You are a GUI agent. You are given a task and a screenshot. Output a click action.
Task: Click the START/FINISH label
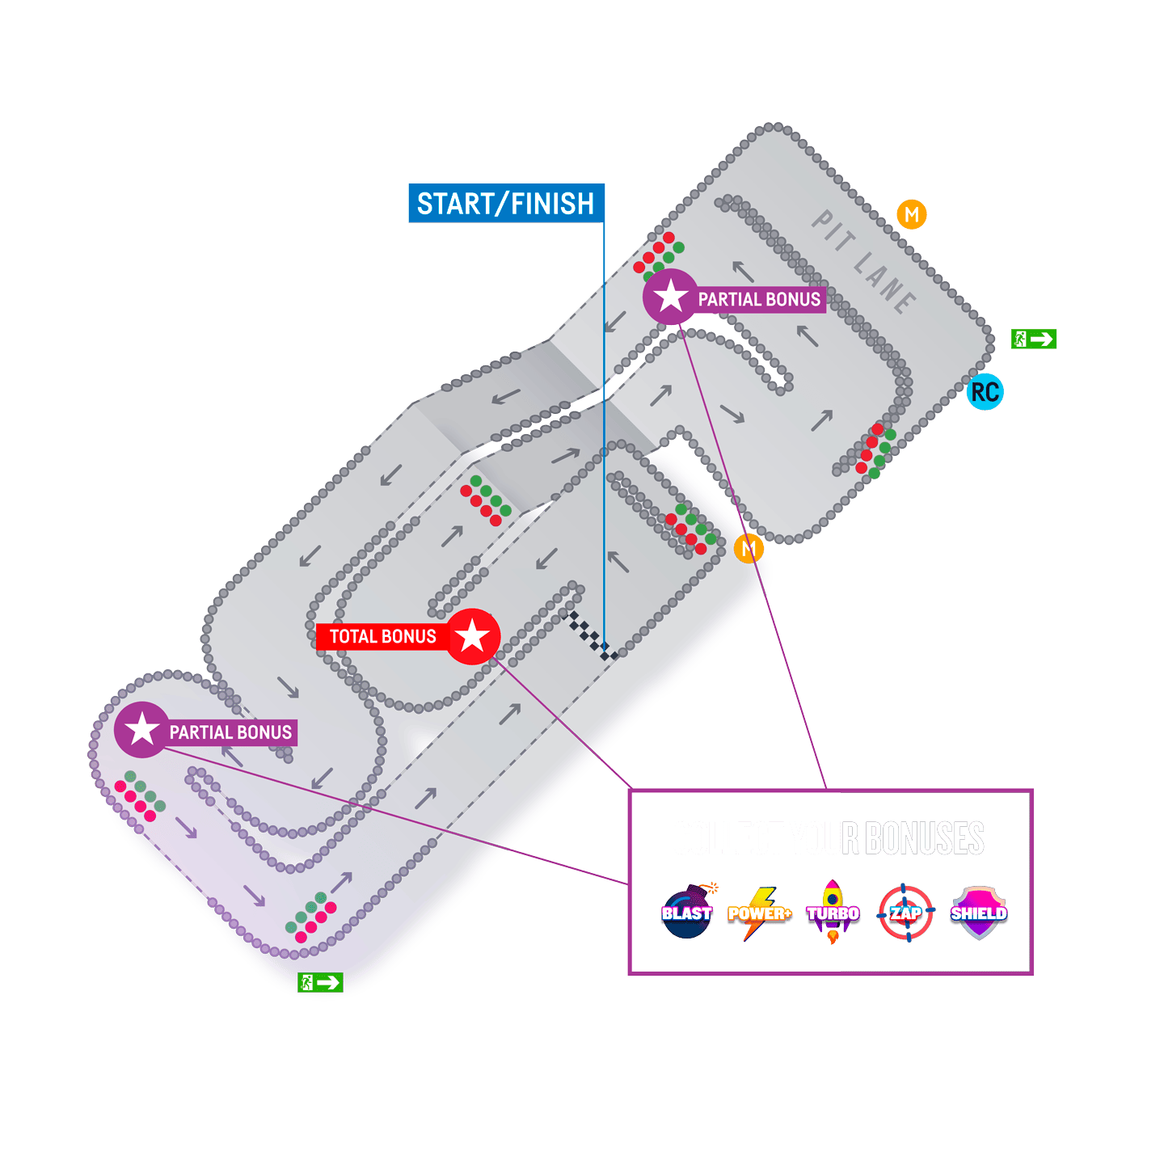506,203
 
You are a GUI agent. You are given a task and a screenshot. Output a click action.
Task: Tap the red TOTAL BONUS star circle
473,637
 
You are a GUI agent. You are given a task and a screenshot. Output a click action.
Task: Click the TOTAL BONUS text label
382,637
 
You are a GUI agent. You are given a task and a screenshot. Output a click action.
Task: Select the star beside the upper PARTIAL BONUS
670,297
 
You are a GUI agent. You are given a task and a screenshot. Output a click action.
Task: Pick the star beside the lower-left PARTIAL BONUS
141,730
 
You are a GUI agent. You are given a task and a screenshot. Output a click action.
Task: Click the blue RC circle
985,392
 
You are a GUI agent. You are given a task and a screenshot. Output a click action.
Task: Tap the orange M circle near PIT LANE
911,215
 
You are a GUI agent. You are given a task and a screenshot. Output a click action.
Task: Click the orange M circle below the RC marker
749,549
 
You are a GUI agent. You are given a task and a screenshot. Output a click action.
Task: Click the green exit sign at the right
1034,339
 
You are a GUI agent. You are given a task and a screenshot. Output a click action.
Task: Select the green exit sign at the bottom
321,983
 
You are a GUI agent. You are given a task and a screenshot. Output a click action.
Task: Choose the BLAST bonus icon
687,913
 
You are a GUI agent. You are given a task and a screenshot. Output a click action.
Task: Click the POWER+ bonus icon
758,913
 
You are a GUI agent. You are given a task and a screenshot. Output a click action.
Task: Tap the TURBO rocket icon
833,913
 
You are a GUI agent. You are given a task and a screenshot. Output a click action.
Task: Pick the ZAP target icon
905,913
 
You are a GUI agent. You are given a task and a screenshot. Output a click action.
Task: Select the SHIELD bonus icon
978,913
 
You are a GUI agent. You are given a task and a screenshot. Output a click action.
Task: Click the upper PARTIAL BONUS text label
759,300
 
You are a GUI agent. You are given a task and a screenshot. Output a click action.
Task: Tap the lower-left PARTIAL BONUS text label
230,732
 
